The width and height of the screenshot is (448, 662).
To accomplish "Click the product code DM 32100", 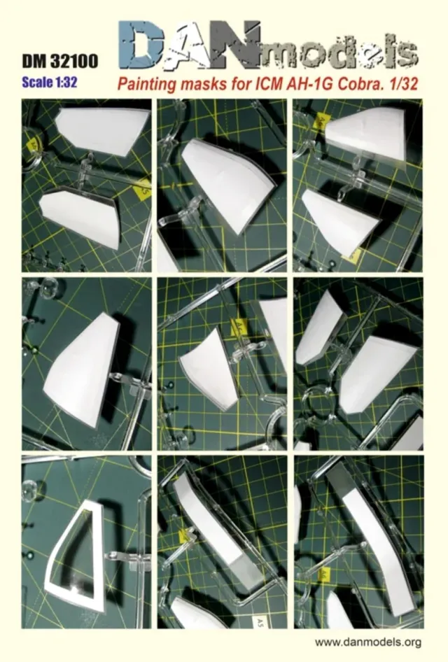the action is click(59, 61).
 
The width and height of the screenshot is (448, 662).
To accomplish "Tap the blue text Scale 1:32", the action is click(50, 82).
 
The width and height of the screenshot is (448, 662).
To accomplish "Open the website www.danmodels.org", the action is click(368, 642).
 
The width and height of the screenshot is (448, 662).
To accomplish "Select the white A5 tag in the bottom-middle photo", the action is click(258, 622).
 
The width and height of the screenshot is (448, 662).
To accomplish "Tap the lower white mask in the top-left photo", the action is click(80, 218).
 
